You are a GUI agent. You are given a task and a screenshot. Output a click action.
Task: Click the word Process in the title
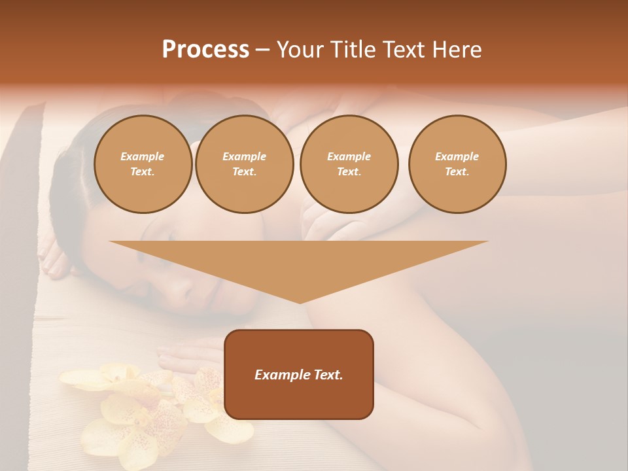pyautogui.click(x=205, y=50)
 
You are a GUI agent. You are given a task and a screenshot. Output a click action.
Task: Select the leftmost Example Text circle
pyautogui.click(x=143, y=164)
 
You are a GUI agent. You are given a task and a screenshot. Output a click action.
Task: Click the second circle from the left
pyautogui.click(x=244, y=164)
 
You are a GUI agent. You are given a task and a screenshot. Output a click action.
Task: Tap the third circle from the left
pyautogui.click(x=349, y=164)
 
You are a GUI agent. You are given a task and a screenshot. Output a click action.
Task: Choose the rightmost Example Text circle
pyautogui.click(x=457, y=164)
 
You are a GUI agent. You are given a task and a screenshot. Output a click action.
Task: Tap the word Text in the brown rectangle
pyautogui.click(x=328, y=375)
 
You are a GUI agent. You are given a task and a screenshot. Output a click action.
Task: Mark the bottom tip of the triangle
pyautogui.click(x=300, y=302)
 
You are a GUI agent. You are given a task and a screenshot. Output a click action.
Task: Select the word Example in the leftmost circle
pyautogui.click(x=143, y=157)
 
